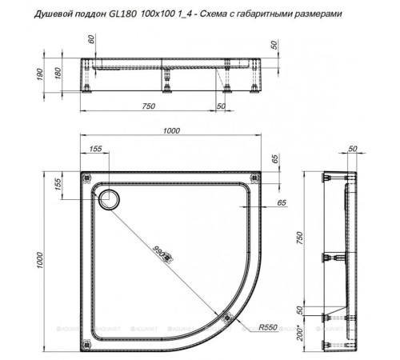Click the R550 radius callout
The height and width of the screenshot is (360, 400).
coord(267,327)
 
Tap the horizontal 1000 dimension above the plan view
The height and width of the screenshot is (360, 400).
coord(168,132)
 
